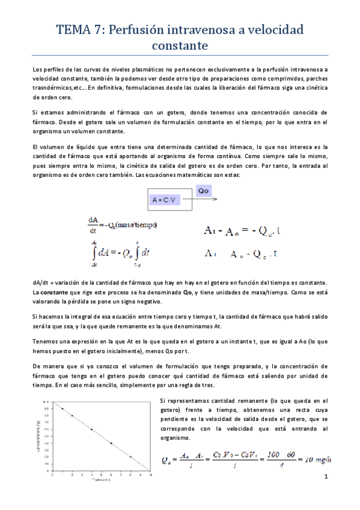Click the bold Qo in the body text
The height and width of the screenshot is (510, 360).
[187, 291]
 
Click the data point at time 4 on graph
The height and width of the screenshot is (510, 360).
[92, 429]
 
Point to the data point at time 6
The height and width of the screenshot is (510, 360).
[111, 443]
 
